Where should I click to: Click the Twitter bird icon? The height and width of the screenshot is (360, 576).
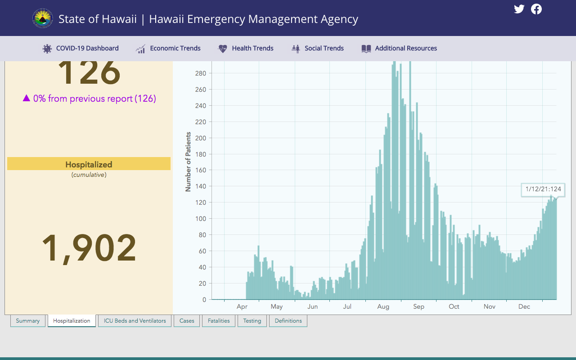(x=519, y=9)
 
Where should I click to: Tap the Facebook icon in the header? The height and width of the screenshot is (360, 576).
(x=536, y=9)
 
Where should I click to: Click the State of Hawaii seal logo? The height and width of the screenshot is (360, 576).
(x=43, y=18)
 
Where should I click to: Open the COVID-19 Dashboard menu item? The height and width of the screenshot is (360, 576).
(x=81, y=48)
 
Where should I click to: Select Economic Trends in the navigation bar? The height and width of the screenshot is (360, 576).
(x=168, y=48)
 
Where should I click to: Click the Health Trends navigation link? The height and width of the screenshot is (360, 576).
(x=246, y=48)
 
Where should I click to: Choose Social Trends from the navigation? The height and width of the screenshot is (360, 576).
(x=318, y=48)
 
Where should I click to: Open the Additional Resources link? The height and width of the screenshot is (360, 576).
(x=399, y=48)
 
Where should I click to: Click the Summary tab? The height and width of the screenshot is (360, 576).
(x=28, y=321)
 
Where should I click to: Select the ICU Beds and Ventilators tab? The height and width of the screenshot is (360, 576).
(x=135, y=321)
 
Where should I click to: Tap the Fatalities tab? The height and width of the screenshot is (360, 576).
(x=219, y=321)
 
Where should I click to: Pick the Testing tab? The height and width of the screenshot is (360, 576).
(x=252, y=321)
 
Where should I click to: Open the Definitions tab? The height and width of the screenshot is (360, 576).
(x=288, y=321)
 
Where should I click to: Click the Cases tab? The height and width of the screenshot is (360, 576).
(x=187, y=321)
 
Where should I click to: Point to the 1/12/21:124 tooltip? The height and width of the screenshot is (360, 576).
(x=543, y=190)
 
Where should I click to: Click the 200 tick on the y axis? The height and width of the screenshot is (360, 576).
(x=201, y=138)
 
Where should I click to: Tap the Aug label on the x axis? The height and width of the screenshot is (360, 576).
(x=383, y=306)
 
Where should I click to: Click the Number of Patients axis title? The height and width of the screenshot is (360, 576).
(x=188, y=162)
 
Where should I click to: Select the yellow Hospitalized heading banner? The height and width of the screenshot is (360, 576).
(x=89, y=164)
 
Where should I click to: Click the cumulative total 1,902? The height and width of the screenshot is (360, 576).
(x=89, y=247)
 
